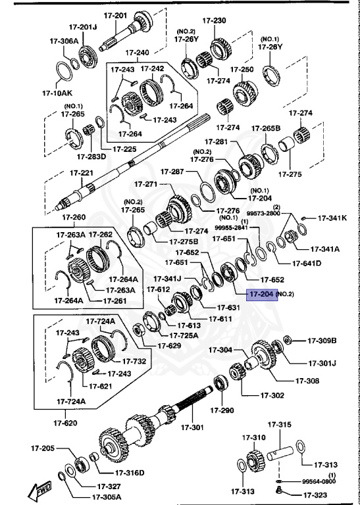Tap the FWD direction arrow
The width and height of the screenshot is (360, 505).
pyautogui.click(x=41, y=490)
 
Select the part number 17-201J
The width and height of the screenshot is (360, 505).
pyautogui.click(x=83, y=27)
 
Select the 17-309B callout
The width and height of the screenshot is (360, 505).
pyautogui.click(x=322, y=340)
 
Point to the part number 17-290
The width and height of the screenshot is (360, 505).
pyautogui.click(x=222, y=410)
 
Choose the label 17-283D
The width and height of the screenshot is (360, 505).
pyautogui.click(x=91, y=156)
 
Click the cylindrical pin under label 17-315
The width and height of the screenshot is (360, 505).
pyautogui.click(x=284, y=453)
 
